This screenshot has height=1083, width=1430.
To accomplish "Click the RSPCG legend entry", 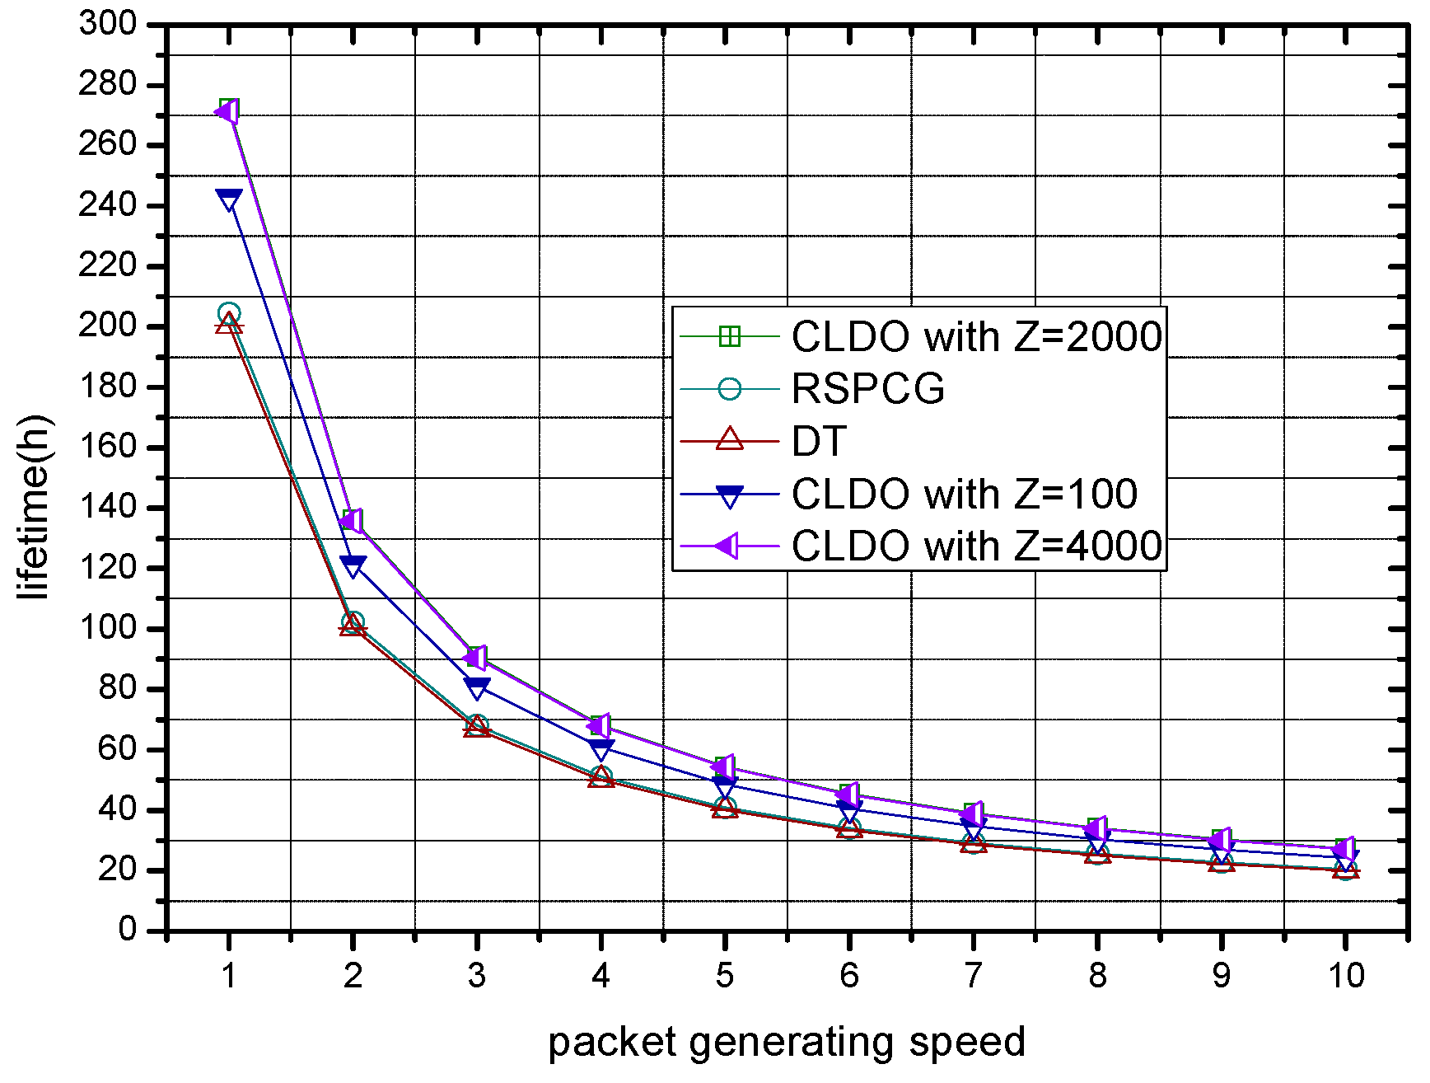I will (867, 389).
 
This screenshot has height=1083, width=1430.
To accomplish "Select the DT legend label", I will (819, 442).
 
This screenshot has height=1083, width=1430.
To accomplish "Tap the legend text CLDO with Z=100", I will (964, 494).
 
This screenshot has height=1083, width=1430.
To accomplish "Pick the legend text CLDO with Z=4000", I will (976, 546).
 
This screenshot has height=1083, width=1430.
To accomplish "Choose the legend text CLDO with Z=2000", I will (976, 336).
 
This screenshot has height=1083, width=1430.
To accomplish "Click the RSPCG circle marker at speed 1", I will (229, 314).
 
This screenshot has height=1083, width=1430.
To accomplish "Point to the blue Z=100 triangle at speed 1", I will (229, 199).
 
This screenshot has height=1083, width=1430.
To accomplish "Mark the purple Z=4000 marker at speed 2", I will (352, 521).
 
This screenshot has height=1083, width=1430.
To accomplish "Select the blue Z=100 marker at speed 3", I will (477, 687).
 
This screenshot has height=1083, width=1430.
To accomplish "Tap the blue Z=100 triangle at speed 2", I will (353, 566).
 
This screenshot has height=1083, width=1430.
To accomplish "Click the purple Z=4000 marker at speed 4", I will (600, 726).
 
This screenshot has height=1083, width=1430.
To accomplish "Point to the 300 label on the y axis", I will (107, 23).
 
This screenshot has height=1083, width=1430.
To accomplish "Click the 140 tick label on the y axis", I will (107, 507).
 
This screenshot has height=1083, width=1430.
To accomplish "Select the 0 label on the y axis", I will (127, 930).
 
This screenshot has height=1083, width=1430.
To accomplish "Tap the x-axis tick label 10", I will (1345, 976).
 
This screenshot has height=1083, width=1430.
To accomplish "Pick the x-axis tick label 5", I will (724, 976).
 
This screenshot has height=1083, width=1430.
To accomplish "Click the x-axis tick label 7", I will (973, 976).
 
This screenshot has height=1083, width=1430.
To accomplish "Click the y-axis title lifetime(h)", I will (35, 508).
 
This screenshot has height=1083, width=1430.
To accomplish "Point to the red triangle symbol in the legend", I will (729, 439).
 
